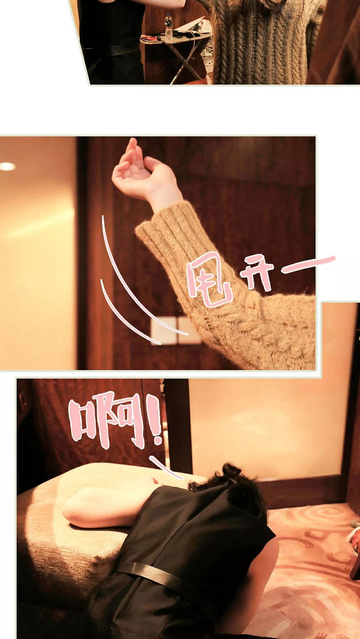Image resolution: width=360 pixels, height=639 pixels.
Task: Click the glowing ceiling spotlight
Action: (8, 166)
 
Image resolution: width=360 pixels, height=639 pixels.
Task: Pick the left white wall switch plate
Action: (164, 331)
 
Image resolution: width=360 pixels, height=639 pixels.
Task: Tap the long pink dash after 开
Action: (308, 264)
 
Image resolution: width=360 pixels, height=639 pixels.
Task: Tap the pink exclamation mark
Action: (156, 420)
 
